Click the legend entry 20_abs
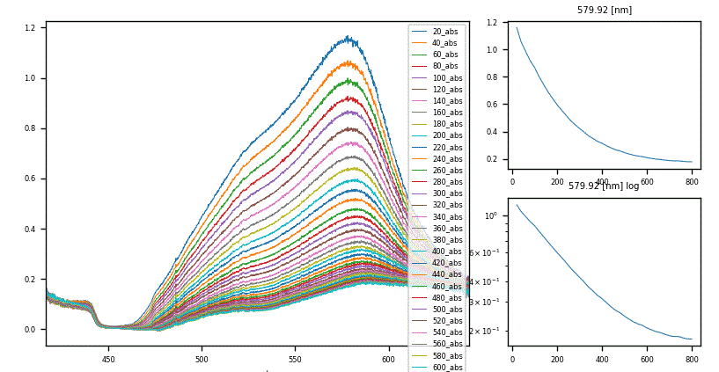(444, 32)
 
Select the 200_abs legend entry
(447, 135)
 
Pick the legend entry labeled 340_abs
(447, 216)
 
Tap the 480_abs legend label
(447, 297)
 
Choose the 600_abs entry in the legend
(447, 367)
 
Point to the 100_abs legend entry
(447, 77)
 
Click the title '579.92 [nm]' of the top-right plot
(604, 11)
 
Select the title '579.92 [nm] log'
(604, 186)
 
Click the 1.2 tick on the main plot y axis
(30, 28)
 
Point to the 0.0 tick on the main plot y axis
(30, 330)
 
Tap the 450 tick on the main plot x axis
(108, 359)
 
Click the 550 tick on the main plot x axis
(295, 359)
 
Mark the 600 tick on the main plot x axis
(388, 359)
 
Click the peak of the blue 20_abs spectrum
(348, 38)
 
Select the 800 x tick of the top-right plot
(692, 183)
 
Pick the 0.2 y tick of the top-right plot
(495, 159)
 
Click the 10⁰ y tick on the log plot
(491, 215)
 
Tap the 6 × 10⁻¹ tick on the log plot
(483, 253)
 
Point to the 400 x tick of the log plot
(602, 359)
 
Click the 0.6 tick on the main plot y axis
(30, 179)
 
